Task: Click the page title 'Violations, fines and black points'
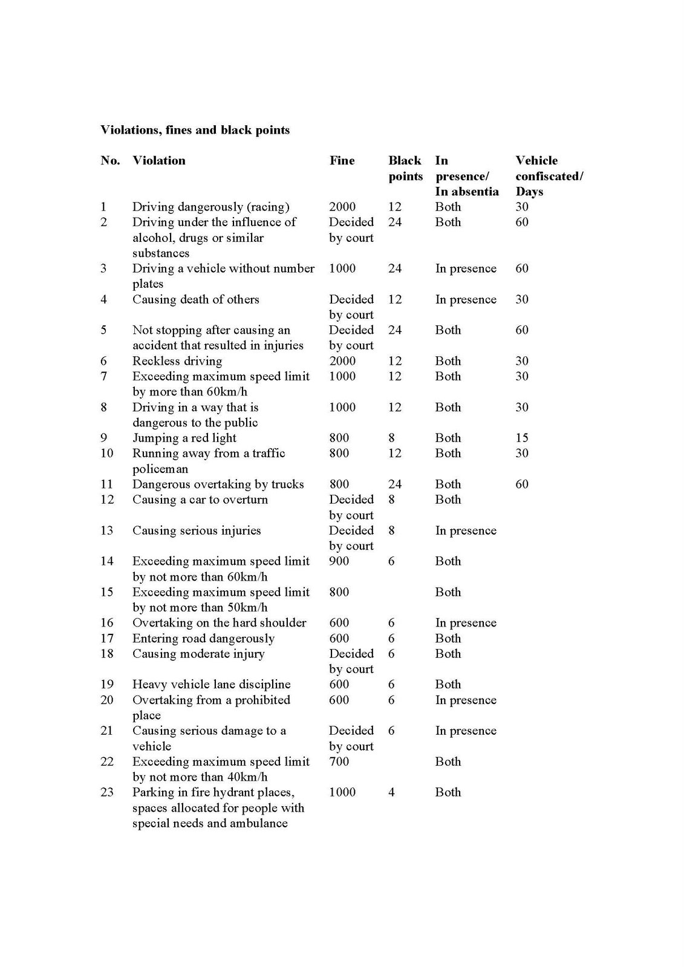click(x=195, y=130)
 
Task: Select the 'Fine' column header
click(x=342, y=160)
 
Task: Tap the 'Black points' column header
click(x=405, y=168)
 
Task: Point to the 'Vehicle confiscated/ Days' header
click(x=549, y=176)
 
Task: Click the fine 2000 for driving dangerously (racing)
click(x=342, y=207)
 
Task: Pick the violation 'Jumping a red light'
click(x=184, y=438)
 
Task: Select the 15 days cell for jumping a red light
click(x=521, y=438)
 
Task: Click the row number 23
click(x=107, y=792)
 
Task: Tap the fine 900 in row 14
click(x=339, y=561)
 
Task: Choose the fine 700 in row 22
click(x=339, y=761)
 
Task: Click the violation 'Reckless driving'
click(x=177, y=361)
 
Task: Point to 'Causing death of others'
click(x=195, y=299)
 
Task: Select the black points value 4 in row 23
click(x=391, y=792)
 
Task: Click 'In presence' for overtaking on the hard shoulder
click(x=466, y=623)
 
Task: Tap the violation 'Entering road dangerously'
click(x=203, y=639)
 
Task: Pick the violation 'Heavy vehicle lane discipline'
click(x=211, y=685)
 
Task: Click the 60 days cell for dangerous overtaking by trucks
click(x=521, y=484)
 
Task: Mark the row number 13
click(x=107, y=530)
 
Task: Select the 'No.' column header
click(x=110, y=160)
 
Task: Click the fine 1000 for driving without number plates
click(x=342, y=269)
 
